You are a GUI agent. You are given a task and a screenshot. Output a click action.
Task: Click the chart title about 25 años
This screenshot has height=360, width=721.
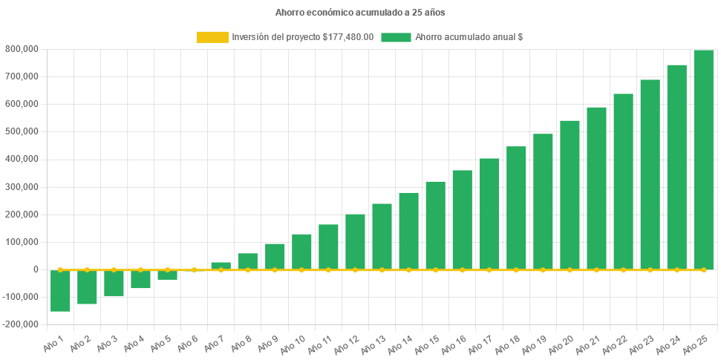click(360, 13)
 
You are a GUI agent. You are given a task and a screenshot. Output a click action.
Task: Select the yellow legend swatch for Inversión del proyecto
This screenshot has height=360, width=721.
click(212, 37)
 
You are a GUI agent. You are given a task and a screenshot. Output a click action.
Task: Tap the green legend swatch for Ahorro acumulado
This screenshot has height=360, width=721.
click(396, 37)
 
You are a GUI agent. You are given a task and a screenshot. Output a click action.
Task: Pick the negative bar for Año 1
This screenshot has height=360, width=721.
click(60, 290)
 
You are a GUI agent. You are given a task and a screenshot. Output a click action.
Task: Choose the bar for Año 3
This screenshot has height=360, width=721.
click(114, 283)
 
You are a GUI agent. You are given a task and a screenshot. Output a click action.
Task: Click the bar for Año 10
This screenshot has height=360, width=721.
click(301, 252)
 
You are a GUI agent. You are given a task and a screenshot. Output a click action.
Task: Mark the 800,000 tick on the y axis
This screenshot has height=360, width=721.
click(22, 49)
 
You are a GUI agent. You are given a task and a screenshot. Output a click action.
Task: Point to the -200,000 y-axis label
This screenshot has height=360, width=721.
click(20, 324)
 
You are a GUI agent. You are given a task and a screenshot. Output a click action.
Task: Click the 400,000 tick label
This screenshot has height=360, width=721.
click(22, 159)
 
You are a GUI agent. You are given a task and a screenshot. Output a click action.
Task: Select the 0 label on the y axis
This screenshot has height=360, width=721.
click(36, 269)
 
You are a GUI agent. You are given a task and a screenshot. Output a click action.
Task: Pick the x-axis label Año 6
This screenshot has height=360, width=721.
click(187, 343)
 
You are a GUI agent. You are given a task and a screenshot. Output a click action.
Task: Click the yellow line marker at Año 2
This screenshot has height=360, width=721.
click(87, 269)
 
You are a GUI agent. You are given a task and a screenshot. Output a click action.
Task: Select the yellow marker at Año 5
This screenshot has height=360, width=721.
click(167, 269)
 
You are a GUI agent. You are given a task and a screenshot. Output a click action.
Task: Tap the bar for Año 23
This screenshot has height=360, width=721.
click(650, 174)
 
